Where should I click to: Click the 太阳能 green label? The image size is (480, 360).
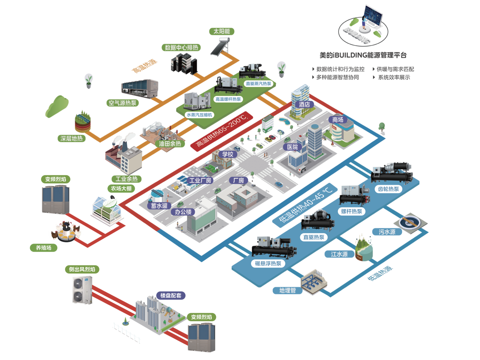click(221, 31)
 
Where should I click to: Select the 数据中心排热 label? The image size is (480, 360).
click(181, 48)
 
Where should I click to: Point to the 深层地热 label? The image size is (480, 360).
click(71, 138)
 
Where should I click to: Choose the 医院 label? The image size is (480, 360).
click(292, 147)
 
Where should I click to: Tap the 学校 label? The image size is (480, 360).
click(228, 154)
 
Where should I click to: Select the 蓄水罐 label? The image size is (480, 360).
click(159, 206)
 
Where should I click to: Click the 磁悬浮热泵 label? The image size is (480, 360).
click(268, 263)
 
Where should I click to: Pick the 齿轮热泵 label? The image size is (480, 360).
click(388, 189)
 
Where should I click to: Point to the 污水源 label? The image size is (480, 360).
click(387, 232)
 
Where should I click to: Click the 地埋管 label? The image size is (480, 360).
click(288, 290)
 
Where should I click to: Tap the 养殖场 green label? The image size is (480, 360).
click(43, 248)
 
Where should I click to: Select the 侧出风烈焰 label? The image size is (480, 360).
click(82, 269)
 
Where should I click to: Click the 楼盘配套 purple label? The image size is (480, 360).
click(171, 296)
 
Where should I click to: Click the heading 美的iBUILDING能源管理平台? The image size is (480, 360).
click(363, 55)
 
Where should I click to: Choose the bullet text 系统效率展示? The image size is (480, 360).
click(394, 77)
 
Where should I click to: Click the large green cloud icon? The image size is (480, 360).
click(57, 106)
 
